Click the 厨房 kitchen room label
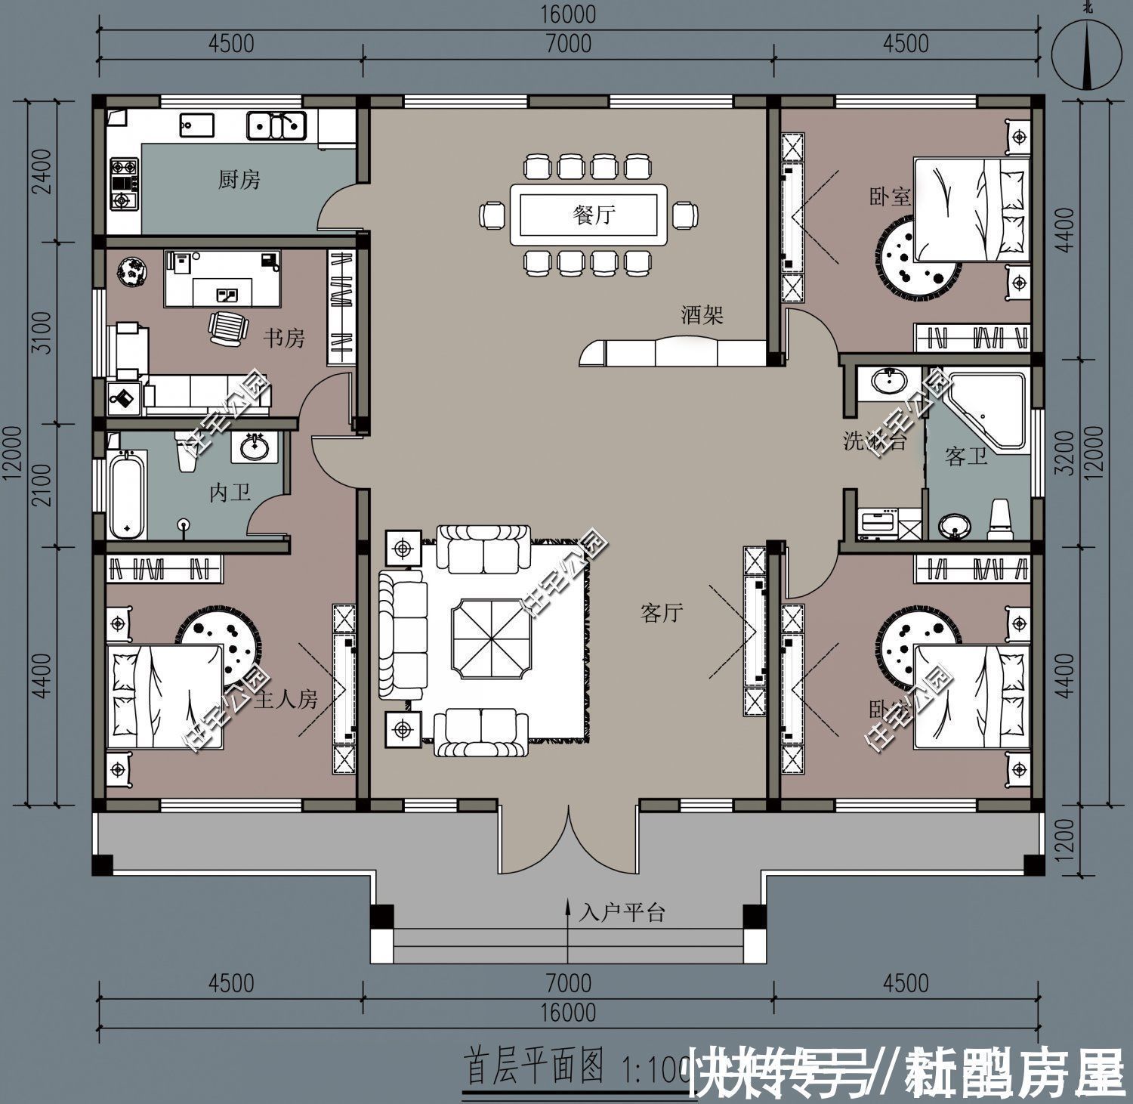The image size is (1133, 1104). point(239,180)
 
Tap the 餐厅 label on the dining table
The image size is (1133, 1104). point(594,215)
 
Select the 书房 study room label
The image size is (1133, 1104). point(284,339)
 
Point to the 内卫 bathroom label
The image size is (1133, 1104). point(230,493)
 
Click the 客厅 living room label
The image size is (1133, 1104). point(662,613)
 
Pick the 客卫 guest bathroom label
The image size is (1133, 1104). point(966,456)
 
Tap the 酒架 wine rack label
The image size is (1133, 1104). point(702,314)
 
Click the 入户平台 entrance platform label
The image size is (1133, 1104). point(622,913)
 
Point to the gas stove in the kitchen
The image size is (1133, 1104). point(124,183)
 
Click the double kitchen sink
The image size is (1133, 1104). point(276,125)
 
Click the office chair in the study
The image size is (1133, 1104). point(227,328)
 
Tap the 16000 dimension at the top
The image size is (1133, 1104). point(568,14)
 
